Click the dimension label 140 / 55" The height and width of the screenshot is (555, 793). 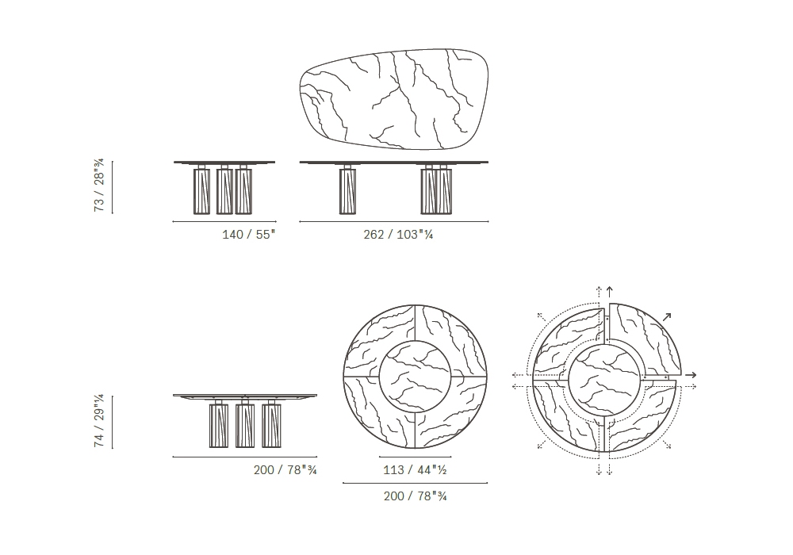click(249, 235)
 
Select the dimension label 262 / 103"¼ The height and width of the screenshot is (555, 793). click(398, 235)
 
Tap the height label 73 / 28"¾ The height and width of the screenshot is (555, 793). click(99, 185)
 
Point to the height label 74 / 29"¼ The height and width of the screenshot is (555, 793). click(99, 420)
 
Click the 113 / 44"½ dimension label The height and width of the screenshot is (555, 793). click(415, 470)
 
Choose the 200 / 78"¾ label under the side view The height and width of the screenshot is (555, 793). click(285, 470)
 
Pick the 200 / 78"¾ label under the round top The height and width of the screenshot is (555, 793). click(416, 496)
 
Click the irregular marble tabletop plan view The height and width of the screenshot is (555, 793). click(394, 99)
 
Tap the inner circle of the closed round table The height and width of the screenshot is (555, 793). click(416, 377)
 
